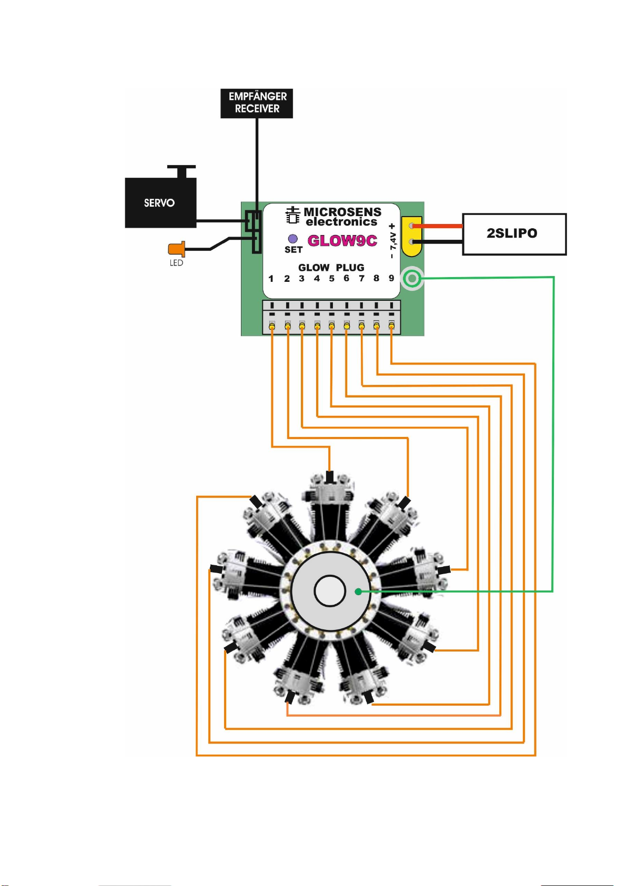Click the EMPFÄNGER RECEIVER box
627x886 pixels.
pyautogui.click(x=256, y=103)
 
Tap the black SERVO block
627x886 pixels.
pyautogui.click(x=160, y=202)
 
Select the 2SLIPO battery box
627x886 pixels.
pyautogui.click(x=514, y=234)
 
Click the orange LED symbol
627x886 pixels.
pyautogui.click(x=176, y=249)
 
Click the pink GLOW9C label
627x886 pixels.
pyautogui.click(x=342, y=240)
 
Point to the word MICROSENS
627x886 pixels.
pyautogui.click(x=342, y=211)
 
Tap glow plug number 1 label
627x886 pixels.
pyautogui.click(x=271, y=279)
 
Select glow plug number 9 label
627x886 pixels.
pyautogui.click(x=391, y=278)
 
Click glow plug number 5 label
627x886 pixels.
pyautogui.click(x=331, y=279)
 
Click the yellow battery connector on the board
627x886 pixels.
pyautogui.click(x=412, y=236)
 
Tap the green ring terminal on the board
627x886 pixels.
pyautogui.click(x=412, y=279)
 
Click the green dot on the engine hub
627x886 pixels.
pyautogui.click(x=358, y=592)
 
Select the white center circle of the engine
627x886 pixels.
pyautogui.click(x=329, y=591)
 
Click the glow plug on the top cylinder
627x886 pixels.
pyautogui.click(x=329, y=476)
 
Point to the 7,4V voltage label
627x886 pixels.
pyautogui.click(x=392, y=241)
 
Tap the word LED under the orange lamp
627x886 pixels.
pyautogui.click(x=176, y=263)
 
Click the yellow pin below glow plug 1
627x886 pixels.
pyautogui.click(x=272, y=326)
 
